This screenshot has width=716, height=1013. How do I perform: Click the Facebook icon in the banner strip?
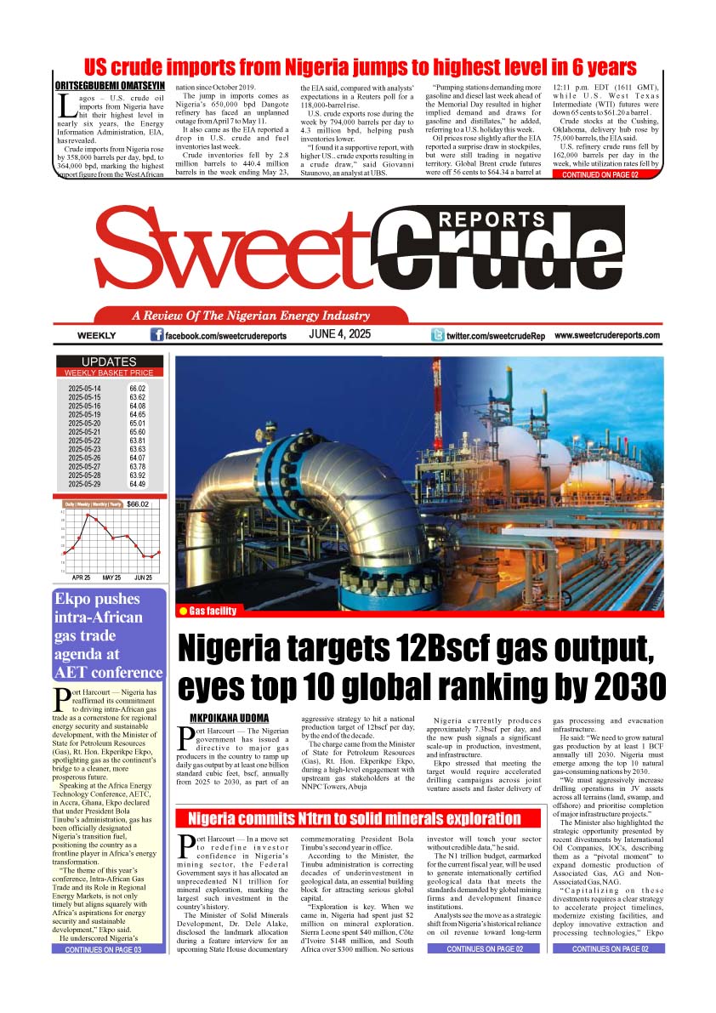click(156, 335)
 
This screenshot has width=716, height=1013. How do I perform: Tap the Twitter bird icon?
click(438, 335)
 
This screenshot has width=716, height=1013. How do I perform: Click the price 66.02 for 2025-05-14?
click(138, 388)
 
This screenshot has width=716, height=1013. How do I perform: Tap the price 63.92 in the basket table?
click(138, 475)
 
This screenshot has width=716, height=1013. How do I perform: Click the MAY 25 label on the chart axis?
click(111, 578)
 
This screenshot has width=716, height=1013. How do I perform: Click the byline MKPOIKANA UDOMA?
click(229, 718)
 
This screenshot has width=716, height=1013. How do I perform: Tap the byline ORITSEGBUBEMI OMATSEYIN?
click(109, 86)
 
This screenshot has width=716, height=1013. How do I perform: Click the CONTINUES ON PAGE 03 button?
click(103, 949)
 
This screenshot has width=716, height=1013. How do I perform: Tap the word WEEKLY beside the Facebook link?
click(96, 336)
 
